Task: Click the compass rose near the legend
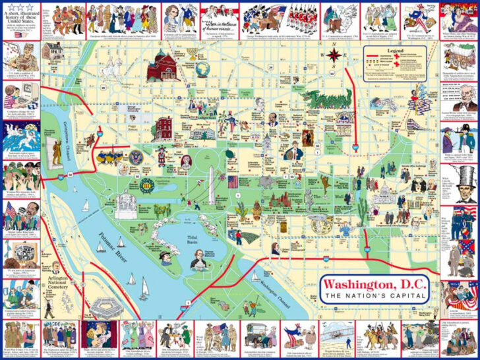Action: [x=334, y=55]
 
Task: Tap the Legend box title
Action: [x=396, y=51]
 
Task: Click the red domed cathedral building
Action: [x=160, y=65]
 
